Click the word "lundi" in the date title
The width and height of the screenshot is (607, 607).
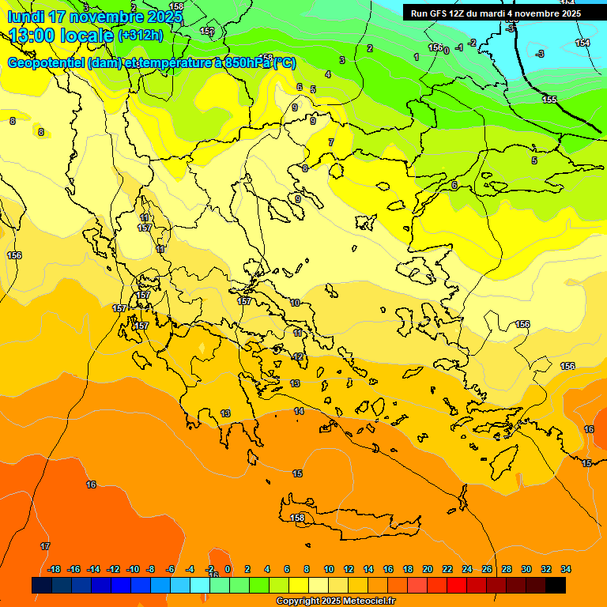[x=26, y=17]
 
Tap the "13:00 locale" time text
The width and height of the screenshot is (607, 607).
[x=61, y=36]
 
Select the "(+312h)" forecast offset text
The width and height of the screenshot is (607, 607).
[x=140, y=36]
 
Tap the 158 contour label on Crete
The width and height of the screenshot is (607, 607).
[x=298, y=518]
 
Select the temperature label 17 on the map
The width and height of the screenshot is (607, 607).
[x=45, y=546]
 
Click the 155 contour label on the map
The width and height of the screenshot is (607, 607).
[x=549, y=100]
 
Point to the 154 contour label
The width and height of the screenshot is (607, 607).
[x=582, y=43]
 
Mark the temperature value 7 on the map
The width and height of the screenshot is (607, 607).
[x=331, y=142]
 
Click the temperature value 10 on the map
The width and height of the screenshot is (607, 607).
[x=295, y=303]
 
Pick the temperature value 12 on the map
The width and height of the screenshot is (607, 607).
[x=298, y=357]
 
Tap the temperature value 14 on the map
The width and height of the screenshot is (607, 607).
[x=299, y=411]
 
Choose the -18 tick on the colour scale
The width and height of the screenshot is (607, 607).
[x=55, y=569]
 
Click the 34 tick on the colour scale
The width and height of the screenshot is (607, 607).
[x=566, y=569]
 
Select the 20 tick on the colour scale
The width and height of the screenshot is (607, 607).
[x=428, y=569]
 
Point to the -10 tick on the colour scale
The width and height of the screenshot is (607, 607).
[x=133, y=569]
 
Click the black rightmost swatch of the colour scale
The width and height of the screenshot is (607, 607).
[x=556, y=586]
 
